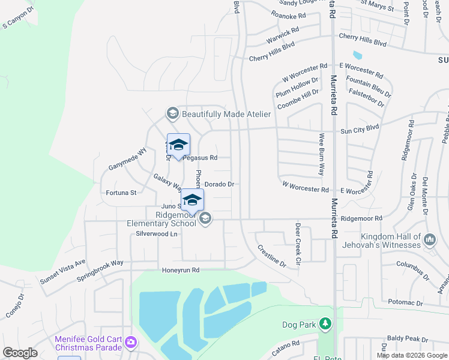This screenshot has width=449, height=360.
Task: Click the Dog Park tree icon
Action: [325, 325]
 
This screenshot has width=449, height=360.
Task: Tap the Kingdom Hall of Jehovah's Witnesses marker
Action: [430, 240]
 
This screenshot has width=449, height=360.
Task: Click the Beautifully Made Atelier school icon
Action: [172, 113]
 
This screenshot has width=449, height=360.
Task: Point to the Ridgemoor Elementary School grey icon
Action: [205, 218]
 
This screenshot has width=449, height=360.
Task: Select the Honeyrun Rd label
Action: [180, 271]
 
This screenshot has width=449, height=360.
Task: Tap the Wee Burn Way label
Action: [322, 154]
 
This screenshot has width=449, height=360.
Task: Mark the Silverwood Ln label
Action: [157, 233]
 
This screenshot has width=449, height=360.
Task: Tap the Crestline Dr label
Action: [271, 256]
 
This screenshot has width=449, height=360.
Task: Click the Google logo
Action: [20, 353]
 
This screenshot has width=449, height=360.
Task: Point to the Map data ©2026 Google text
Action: [411, 355]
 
